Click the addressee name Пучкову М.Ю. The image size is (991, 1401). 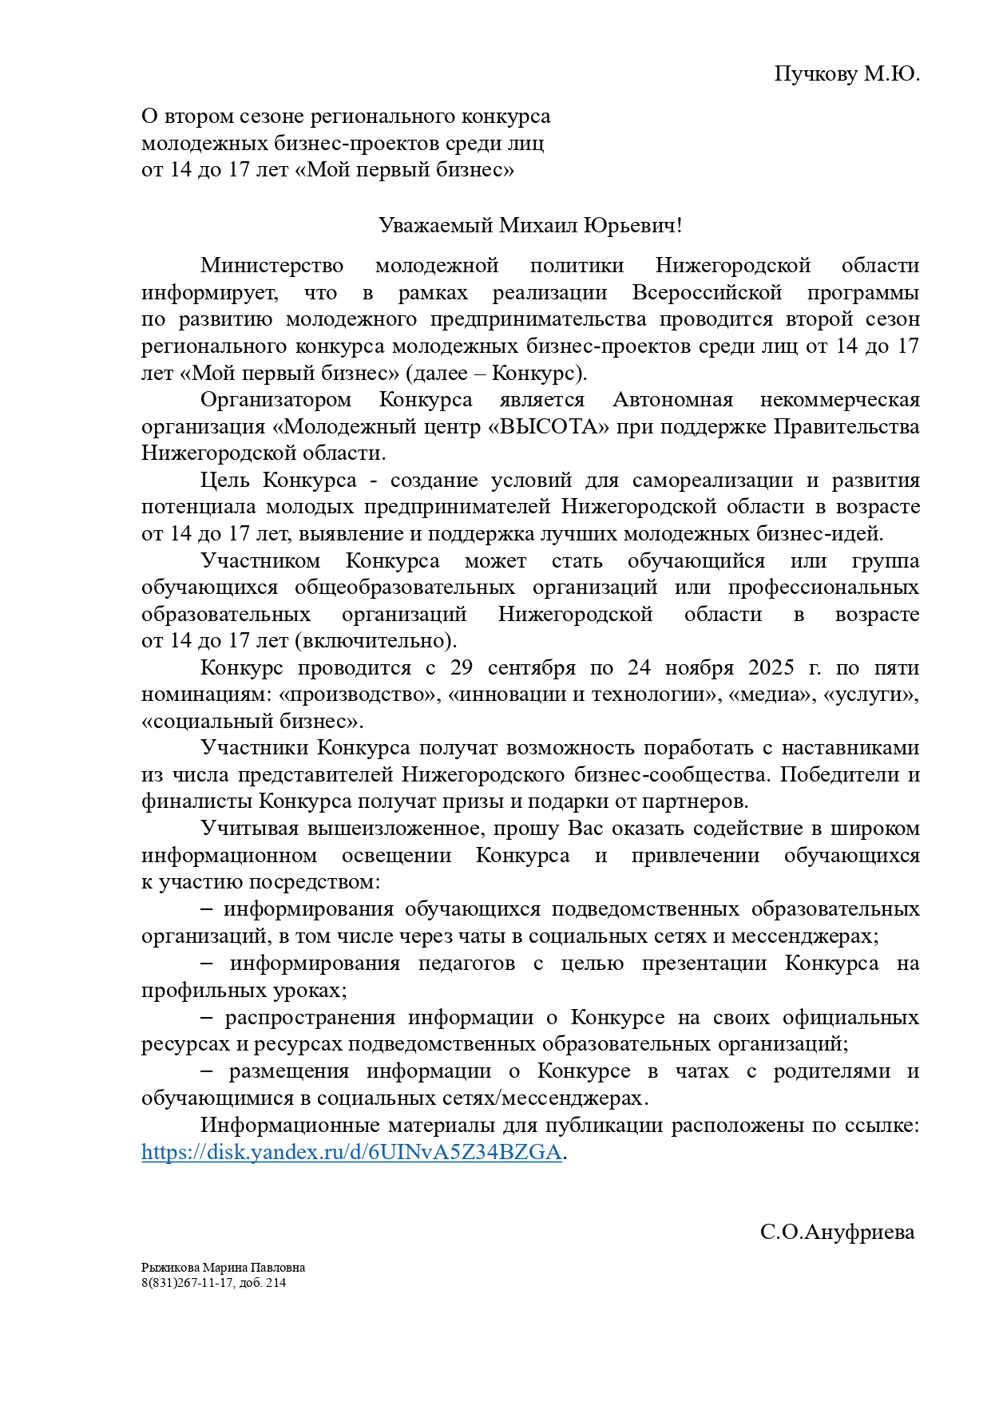click(x=846, y=74)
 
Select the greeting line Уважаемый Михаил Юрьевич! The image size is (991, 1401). click(x=530, y=225)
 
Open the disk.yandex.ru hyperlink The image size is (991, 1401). click(x=351, y=1153)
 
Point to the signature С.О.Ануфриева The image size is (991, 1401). click(x=837, y=1232)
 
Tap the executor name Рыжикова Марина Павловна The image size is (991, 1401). click(x=223, y=1268)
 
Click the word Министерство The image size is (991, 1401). click(x=272, y=265)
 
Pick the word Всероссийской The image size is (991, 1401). click(x=707, y=292)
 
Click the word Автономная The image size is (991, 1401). click(x=672, y=399)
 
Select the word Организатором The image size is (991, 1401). click(x=275, y=399)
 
